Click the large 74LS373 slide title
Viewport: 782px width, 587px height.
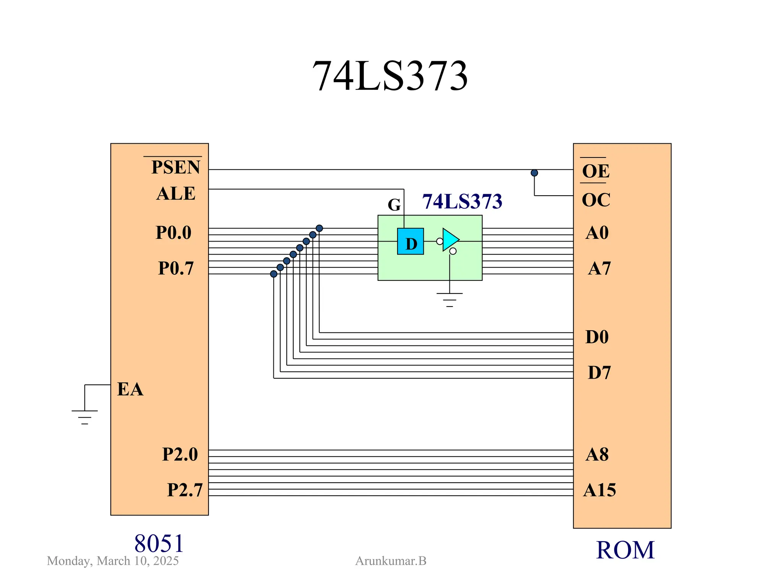390,76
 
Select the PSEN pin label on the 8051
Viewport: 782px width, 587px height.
175,167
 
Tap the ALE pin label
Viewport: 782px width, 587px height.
176,193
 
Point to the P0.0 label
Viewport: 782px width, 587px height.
173,232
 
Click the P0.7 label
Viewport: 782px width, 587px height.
176,268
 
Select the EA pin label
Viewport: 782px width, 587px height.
130,389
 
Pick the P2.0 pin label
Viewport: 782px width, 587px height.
180,454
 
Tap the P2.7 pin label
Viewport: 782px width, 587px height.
184,490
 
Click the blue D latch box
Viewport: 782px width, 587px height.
410,242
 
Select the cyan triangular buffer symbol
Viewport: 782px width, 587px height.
450,240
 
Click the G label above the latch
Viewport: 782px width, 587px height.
394,205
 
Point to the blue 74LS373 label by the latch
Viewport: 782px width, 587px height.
462,201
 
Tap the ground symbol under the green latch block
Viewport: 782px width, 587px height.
449,299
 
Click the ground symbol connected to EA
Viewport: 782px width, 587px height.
85,416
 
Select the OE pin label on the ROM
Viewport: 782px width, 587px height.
595,171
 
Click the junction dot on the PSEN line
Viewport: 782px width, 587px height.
534,173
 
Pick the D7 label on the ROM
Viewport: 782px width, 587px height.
599,372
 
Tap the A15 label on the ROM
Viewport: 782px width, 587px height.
599,490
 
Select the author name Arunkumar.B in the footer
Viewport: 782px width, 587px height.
391,561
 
